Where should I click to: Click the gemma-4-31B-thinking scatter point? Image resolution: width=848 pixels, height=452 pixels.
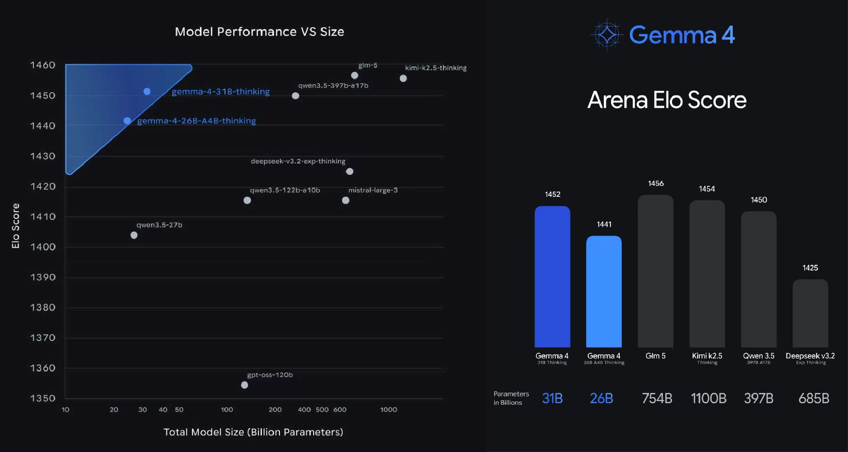pos(147,91)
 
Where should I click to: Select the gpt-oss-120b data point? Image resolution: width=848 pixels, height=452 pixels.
pos(244,385)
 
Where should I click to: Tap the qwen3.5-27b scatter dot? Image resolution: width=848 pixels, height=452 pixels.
pos(134,235)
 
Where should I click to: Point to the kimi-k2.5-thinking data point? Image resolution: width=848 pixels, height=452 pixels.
pos(403,78)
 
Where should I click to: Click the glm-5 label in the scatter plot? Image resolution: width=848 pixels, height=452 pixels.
pos(367,65)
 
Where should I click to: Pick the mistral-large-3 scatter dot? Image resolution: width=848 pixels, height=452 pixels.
pos(345,200)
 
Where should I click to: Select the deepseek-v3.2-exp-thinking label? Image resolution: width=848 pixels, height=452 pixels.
pos(298,161)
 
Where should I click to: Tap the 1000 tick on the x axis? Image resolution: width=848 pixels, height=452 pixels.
pos(388,410)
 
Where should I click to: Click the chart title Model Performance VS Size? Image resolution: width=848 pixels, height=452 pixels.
pos(260,32)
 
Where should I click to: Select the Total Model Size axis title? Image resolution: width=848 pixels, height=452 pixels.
pos(253,432)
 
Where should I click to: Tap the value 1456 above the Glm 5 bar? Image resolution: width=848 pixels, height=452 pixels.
pos(655,183)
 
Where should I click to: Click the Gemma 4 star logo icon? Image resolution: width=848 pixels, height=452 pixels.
pos(607,34)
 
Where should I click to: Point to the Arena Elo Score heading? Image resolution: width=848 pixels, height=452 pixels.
pos(667,100)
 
